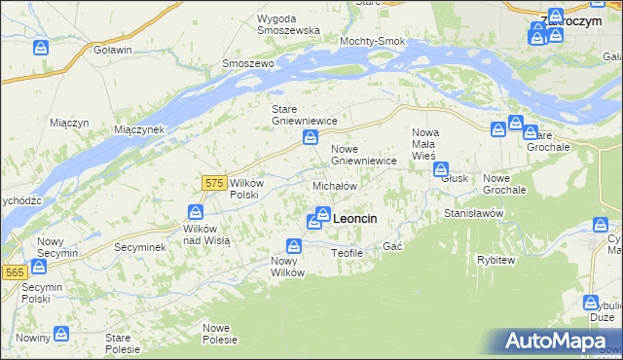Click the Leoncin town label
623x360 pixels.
coord(355,220)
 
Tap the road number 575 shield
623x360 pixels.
coord(215,182)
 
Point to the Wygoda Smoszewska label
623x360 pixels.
coord(288,24)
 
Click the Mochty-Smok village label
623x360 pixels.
coord(371,42)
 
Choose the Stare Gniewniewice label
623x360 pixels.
coord(304,115)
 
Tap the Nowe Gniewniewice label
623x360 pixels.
coord(363,154)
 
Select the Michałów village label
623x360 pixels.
coord(335,185)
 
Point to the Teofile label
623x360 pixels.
coord(347,253)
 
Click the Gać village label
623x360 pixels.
coord(393,247)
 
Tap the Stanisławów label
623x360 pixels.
coord(473,212)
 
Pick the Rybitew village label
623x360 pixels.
coord(495,260)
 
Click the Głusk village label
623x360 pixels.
coord(455,179)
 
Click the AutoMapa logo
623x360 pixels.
coord(559,342)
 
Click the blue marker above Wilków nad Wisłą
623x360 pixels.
coord(195,213)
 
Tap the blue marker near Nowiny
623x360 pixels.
coord(60,334)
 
